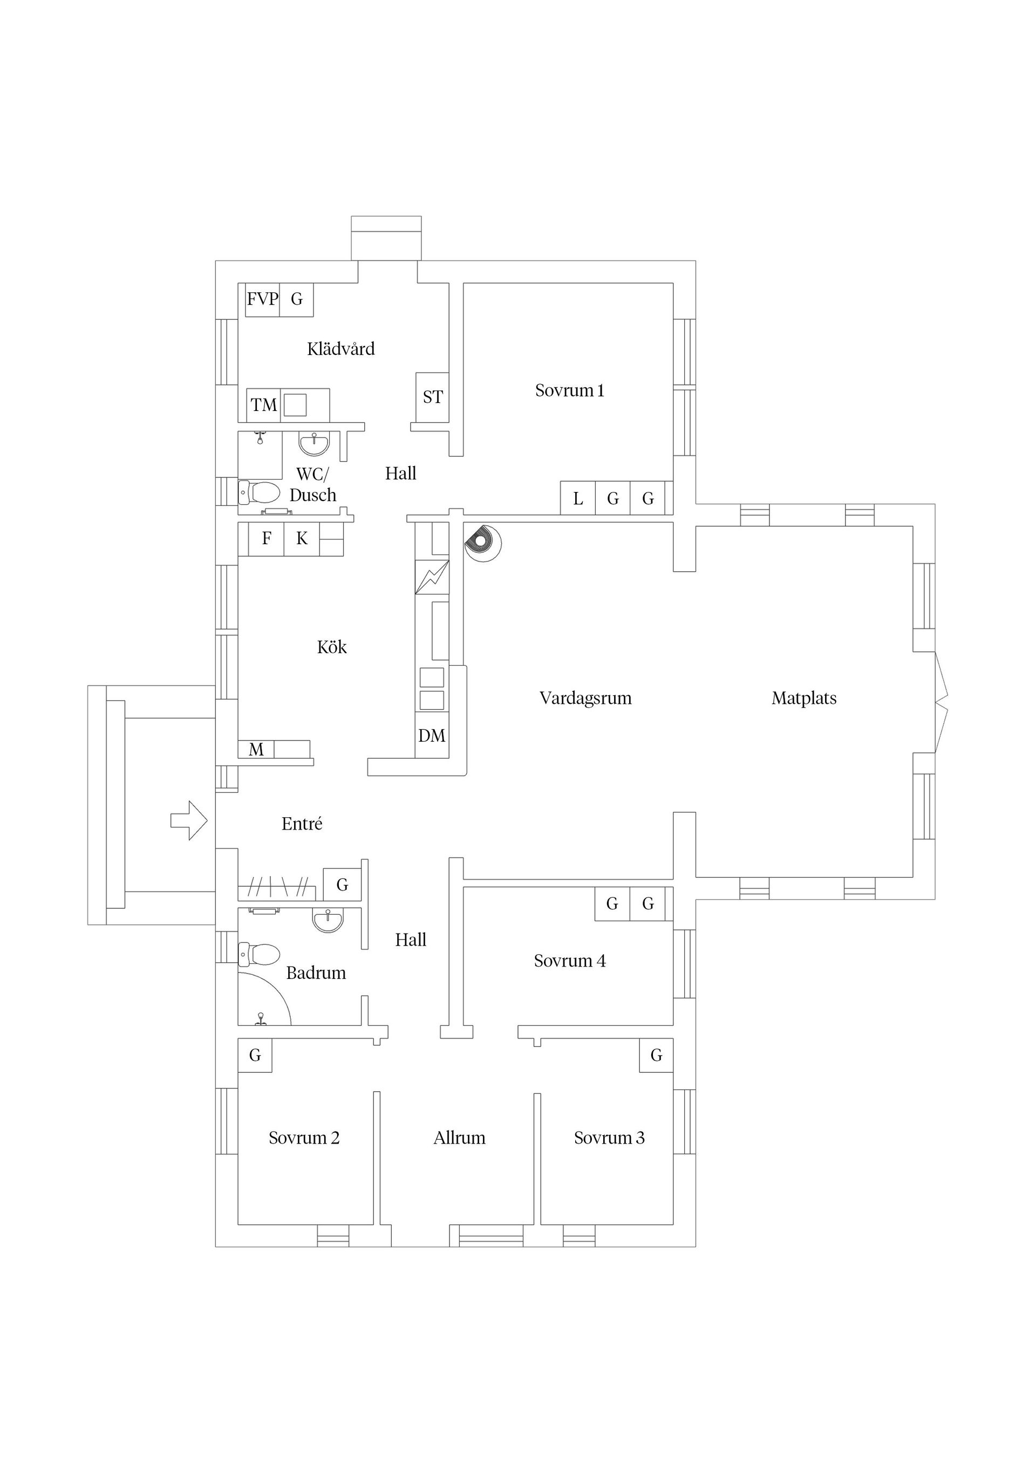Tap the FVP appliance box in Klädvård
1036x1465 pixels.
[x=262, y=299]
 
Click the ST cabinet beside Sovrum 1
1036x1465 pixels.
[x=432, y=397]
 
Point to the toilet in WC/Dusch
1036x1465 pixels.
[x=261, y=492]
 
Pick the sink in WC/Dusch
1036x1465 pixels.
[x=314, y=443]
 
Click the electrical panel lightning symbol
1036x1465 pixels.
[x=432, y=577]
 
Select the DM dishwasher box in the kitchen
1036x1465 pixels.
[x=432, y=736]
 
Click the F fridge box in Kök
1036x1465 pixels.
[x=266, y=538]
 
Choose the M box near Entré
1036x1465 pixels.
[x=256, y=749]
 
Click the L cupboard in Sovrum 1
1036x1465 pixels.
[x=578, y=498]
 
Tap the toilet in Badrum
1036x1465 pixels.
[x=261, y=955]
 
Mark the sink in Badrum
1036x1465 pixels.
[x=328, y=920]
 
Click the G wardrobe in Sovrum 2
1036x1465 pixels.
[x=255, y=1056]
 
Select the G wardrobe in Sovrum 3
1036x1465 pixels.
[x=656, y=1056]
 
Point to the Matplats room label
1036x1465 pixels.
[x=803, y=698]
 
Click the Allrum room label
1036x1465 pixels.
[x=459, y=1138]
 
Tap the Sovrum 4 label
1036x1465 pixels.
[x=569, y=960]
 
